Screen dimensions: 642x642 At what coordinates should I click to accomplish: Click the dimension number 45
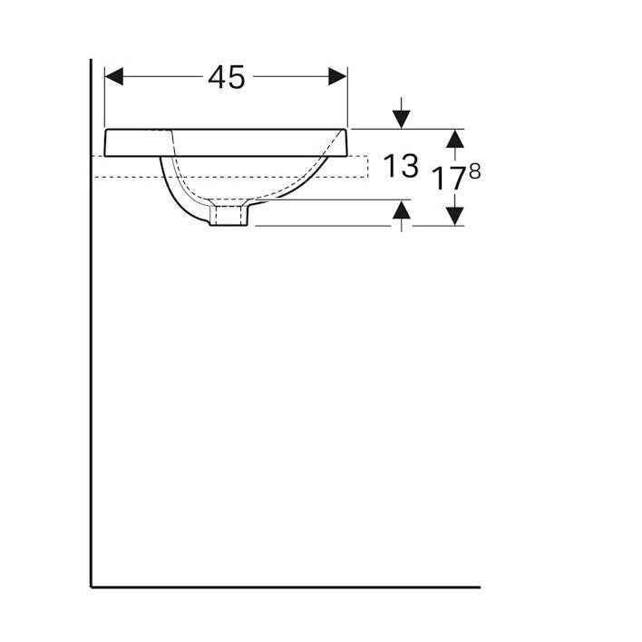pos(227,77)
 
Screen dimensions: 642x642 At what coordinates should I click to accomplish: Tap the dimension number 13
pos(401,165)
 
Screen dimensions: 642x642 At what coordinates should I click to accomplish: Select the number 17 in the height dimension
pos(450,179)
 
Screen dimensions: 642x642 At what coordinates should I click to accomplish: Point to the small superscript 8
pos(475,171)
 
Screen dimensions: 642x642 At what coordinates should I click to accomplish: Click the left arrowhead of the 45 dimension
pos(114,76)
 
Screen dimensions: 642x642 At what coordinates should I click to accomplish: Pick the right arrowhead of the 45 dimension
pos(338,76)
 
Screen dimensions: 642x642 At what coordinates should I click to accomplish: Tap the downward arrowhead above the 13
pos(401,119)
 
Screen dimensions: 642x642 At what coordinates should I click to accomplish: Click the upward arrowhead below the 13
pos(401,209)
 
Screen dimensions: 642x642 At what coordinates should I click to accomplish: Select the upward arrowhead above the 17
pos(455,139)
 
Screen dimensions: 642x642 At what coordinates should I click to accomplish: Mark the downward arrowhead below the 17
pos(455,216)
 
